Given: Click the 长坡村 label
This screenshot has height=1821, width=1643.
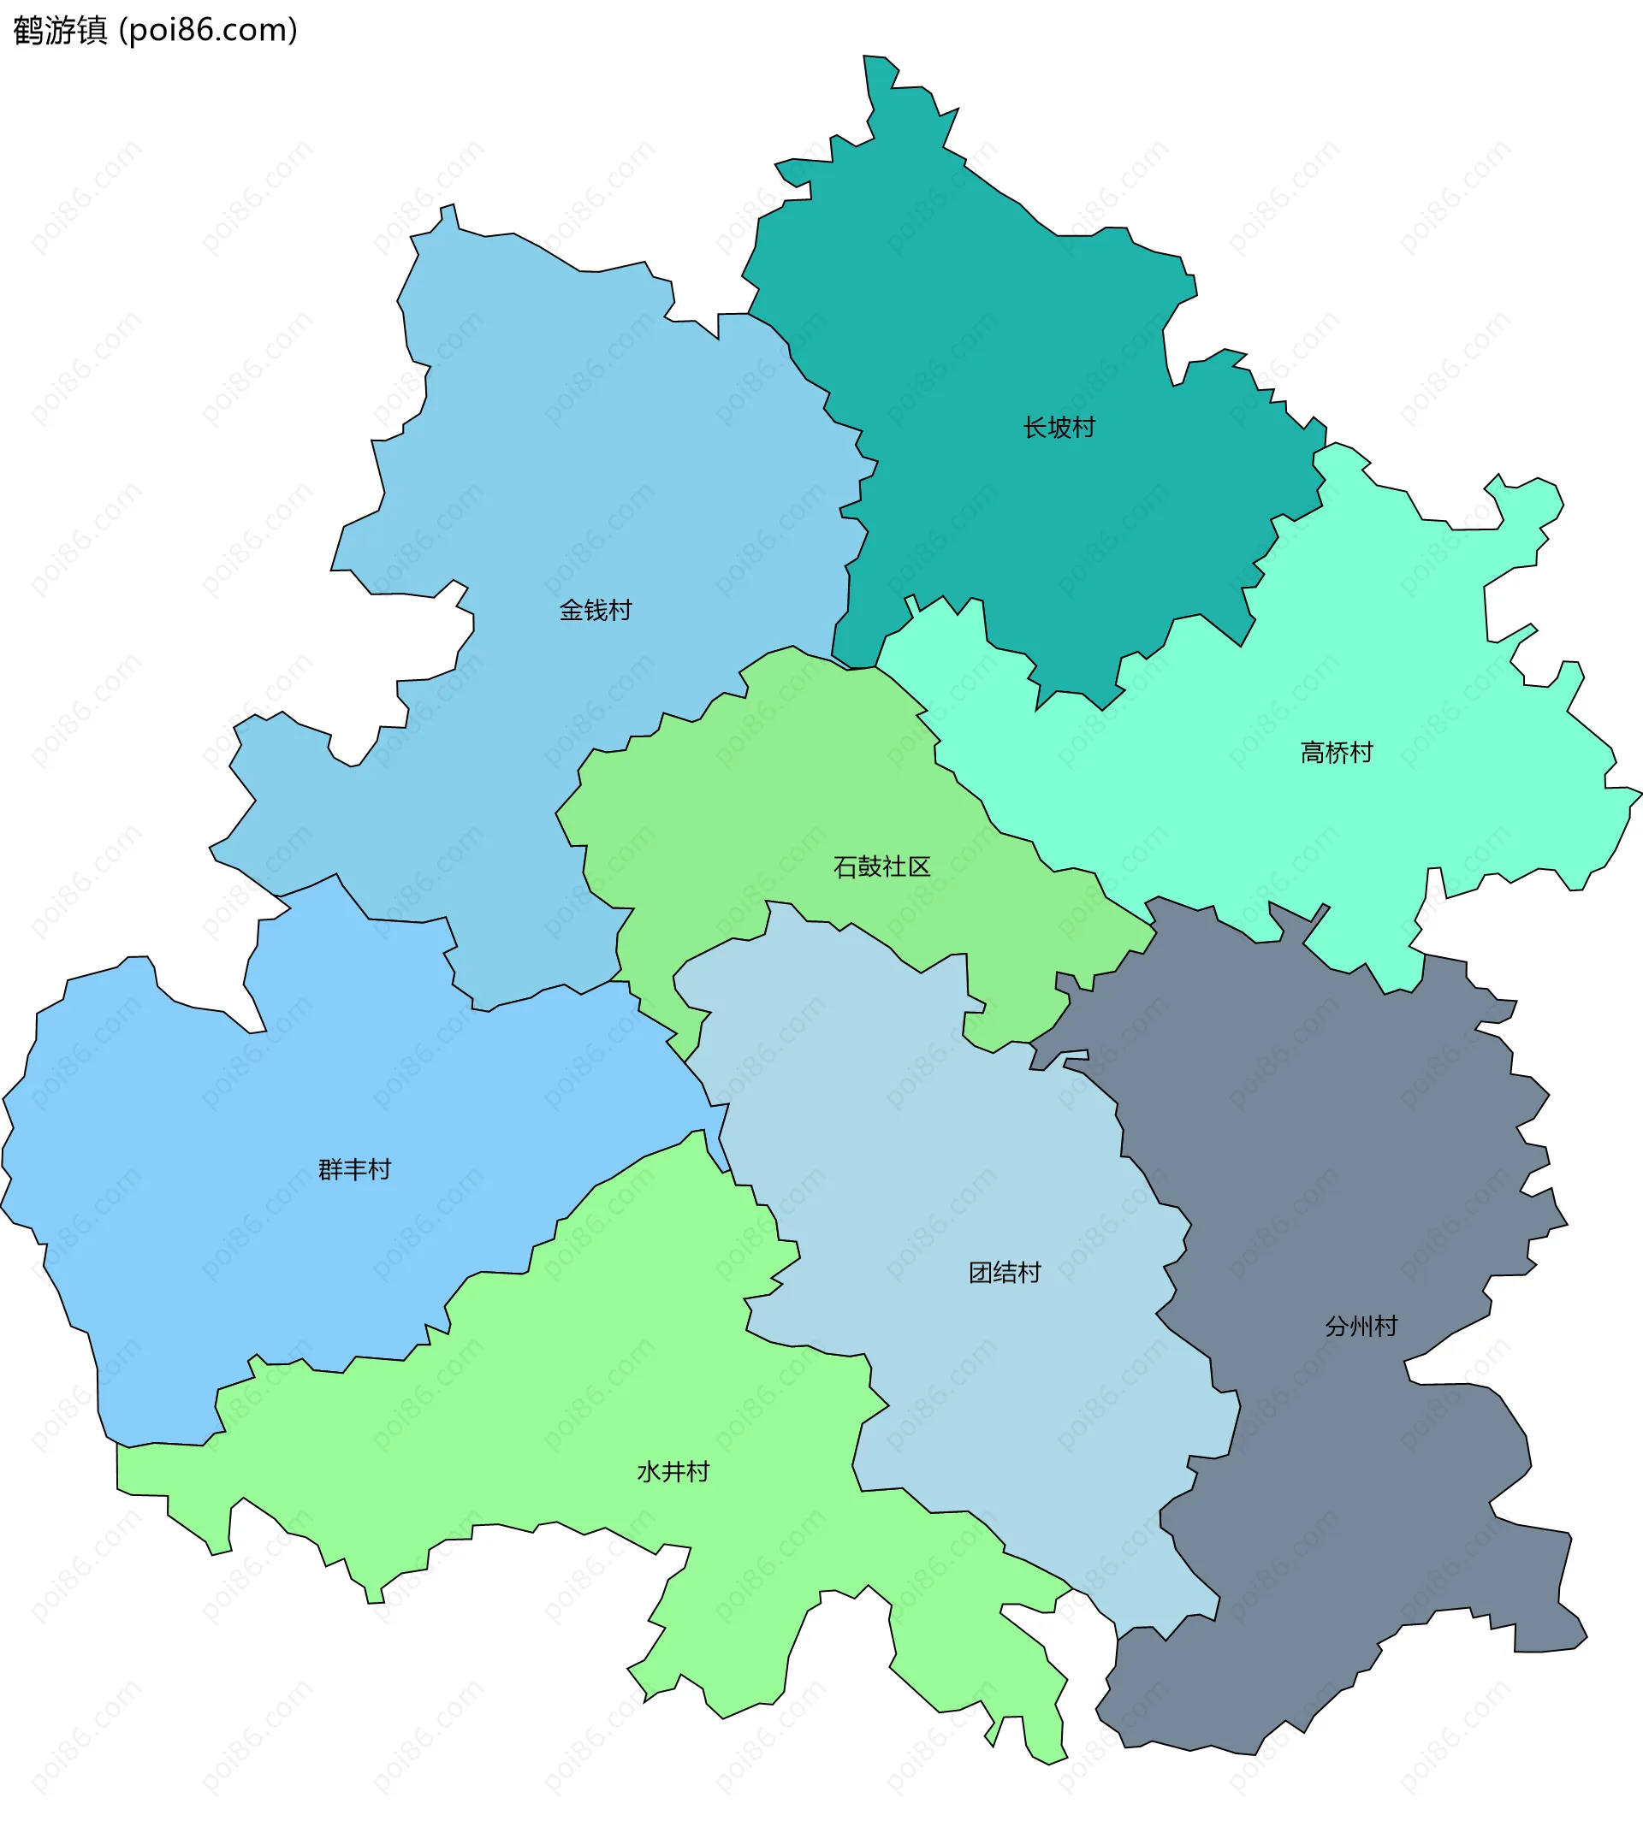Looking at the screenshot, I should coord(1059,428).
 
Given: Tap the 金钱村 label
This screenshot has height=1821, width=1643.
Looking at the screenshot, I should coord(596,611).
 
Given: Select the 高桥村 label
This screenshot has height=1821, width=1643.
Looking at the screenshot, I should coord(1336,753).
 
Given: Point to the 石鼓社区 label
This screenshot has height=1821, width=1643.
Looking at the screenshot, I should coord(882,867).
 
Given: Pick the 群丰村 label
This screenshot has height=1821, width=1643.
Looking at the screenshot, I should coord(355,1169).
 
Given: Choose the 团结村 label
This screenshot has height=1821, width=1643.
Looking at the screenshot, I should coord(1005,1273).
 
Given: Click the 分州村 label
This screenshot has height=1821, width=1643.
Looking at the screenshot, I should coord(1361,1326).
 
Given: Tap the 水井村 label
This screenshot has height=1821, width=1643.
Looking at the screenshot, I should coord(673,1472).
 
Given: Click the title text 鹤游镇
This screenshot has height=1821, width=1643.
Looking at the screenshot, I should coord(61,31).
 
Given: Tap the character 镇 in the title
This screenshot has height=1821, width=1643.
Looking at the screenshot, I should coord(93,31).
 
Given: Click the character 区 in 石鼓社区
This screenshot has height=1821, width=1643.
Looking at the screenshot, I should coord(919,867).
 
